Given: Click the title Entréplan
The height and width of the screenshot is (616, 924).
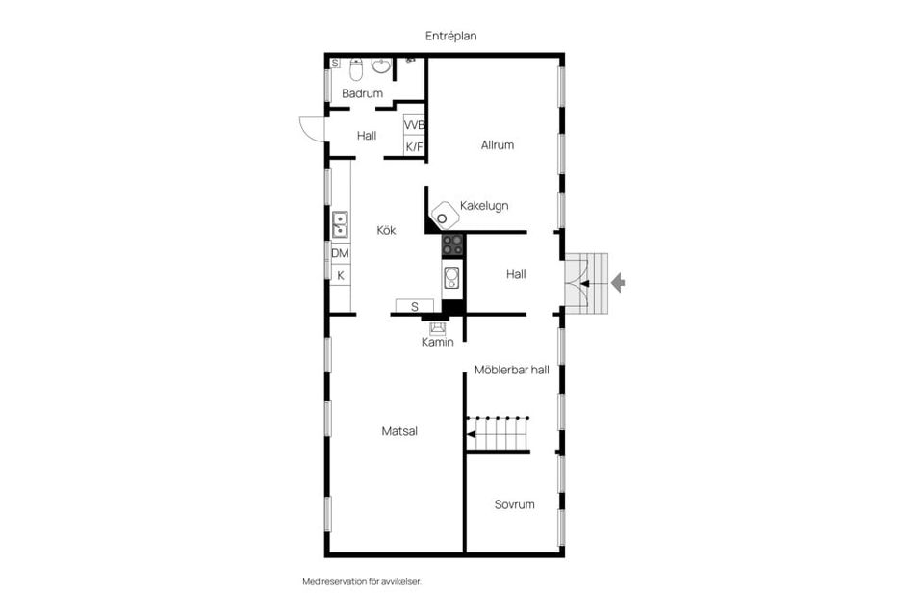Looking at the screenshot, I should tap(451, 36).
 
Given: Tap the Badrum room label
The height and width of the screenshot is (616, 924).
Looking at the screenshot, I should tap(363, 93).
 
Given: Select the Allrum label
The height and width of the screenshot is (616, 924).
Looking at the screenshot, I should tap(498, 145).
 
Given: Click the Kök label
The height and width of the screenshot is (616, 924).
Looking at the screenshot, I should tap(386, 230).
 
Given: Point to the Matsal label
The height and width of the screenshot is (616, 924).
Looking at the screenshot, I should tap(399, 431).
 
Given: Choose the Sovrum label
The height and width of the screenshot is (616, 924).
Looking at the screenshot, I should tap(514, 504).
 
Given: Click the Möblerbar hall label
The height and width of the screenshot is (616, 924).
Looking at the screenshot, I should tap(511, 369).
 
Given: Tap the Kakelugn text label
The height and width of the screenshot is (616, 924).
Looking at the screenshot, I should tap(484, 205).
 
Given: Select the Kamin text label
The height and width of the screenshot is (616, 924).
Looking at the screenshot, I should tap(437, 342).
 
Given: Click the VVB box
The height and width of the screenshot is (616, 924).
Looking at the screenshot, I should tap(414, 126).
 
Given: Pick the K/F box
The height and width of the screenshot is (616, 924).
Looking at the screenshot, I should tap(414, 146).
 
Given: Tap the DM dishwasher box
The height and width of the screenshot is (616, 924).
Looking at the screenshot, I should tap(340, 253).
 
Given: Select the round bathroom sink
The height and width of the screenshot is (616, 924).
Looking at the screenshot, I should tap(381, 66).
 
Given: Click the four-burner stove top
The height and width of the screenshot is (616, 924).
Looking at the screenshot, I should tap(452, 244).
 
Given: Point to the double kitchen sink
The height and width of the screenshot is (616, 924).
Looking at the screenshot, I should tap(340, 224).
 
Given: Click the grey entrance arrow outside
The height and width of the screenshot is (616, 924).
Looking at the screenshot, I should tap(618, 282).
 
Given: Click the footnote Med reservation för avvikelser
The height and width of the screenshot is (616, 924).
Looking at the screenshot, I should tap(362, 581).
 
